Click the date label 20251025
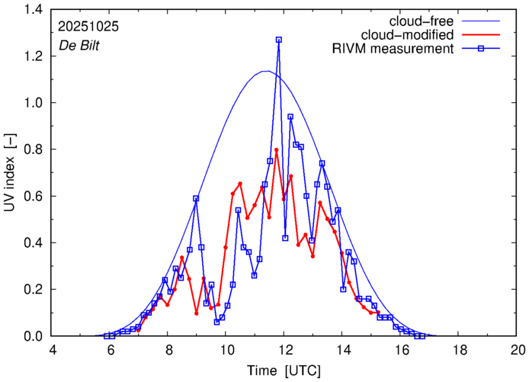pos(88,26)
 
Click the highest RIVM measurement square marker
pos(279,40)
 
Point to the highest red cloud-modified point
pos(276,150)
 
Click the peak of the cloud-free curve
pos(264,72)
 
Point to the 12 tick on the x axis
pos(285,348)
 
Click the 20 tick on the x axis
pos(518,348)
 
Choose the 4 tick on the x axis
pos(53,348)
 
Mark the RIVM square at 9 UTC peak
pos(196,198)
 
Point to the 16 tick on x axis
pos(402,348)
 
